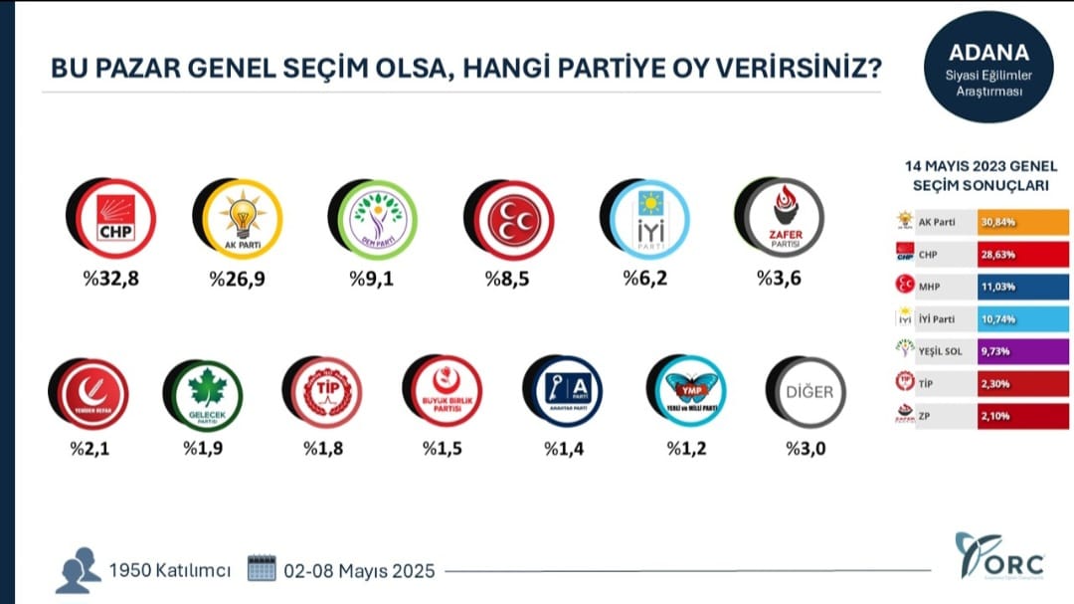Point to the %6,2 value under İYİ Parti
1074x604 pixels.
coord(643,279)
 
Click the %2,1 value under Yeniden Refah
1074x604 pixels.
coord(89,448)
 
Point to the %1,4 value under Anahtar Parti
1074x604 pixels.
coord(563,448)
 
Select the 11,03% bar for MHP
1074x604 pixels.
coord(1006,287)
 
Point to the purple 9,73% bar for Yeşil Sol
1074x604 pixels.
coord(1006,351)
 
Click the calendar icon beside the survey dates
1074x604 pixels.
coord(261,570)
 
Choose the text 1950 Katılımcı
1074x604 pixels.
coord(170,571)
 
